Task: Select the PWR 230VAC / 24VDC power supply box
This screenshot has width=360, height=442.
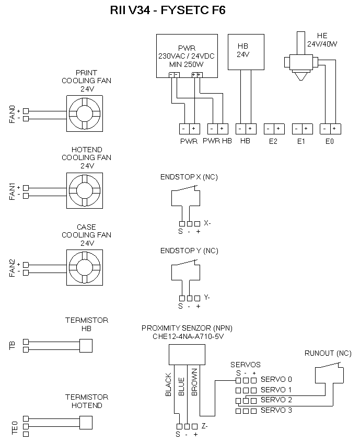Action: pyautogui.click(x=186, y=56)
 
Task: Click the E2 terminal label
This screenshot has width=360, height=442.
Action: pyautogui.click(x=273, y=141)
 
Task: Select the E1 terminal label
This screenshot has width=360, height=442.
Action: pyautogui.click(x=301, y=141)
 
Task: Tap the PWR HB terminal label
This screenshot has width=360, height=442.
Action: pyautogui.click(x=217, y=141)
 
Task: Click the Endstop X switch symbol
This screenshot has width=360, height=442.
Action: pyautogui.click(x=185, y=198)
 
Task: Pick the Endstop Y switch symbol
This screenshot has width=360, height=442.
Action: pyautogui.click(x=185, y=271)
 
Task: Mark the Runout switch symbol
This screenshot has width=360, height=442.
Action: pyautogui.click(x=329, y=373)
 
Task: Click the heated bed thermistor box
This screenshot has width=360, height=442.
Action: pyautogui.click(x=85, y=345)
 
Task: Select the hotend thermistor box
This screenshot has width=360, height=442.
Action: pyautogui.click(x=85, y=423)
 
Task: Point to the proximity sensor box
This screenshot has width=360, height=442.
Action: pyautogui.click(x=187, y=356)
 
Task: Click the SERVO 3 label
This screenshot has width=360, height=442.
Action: pyautogui.click(x=276, y=411)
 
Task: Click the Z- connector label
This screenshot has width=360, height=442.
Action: pyautogui.click(x=205, y=426)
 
